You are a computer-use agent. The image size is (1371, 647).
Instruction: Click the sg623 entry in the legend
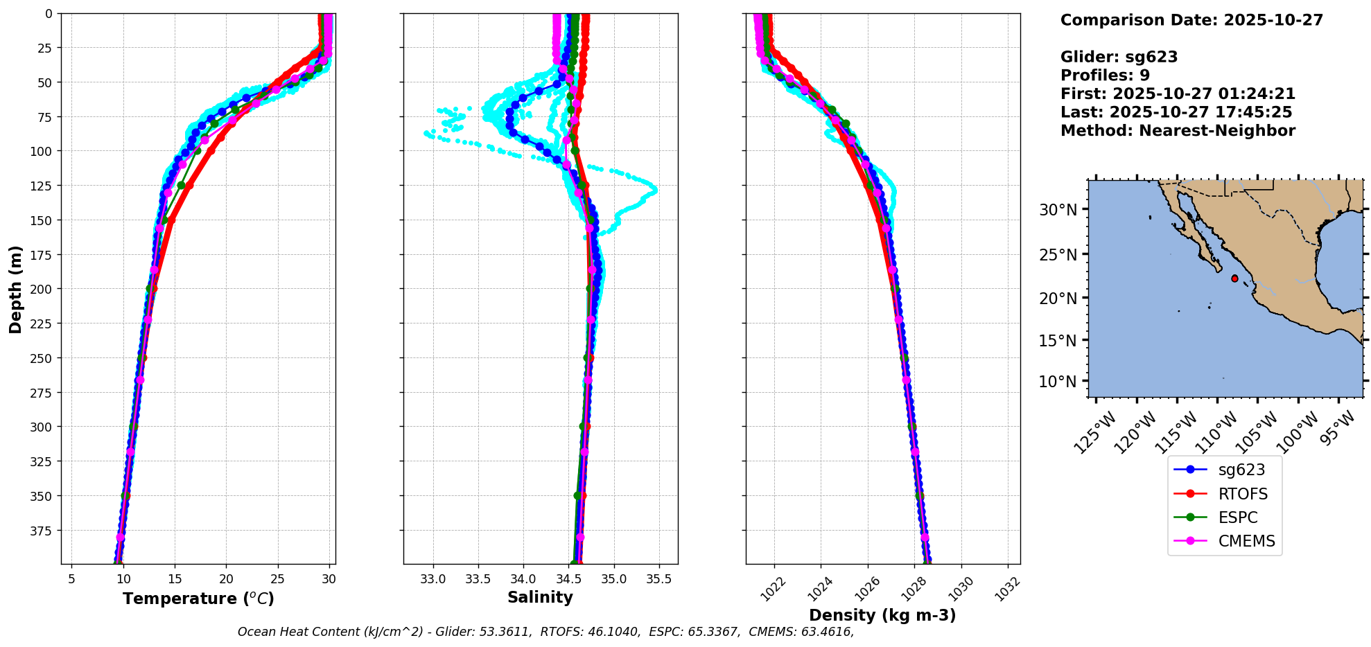click(1241, 470)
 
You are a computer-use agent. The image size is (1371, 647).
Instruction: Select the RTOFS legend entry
click(1242, 494)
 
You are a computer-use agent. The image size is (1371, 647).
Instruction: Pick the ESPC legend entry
click(1237, 517)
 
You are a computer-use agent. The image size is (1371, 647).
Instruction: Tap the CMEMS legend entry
click(1246, 541)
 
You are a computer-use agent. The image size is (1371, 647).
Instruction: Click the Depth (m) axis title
click(15, 289)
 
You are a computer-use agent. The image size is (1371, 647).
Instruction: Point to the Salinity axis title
click(540, 598)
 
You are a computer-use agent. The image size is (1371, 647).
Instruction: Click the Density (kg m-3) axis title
click(882, 615)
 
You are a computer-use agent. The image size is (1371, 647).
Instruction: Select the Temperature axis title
click(198, 599)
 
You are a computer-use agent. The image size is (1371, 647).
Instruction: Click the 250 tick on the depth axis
click(41, 358)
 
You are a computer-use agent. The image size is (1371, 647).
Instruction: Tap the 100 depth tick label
click(41, 151)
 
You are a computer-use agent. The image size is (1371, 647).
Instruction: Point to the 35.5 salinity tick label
click(658, 579)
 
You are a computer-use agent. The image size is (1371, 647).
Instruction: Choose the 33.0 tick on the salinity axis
click(433, 579)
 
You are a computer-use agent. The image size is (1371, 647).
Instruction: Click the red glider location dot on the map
click(1234, 278)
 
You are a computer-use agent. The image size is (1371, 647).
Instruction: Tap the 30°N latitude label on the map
click(1058, 209)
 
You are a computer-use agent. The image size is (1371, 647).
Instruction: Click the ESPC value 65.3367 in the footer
click(713, 632)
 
